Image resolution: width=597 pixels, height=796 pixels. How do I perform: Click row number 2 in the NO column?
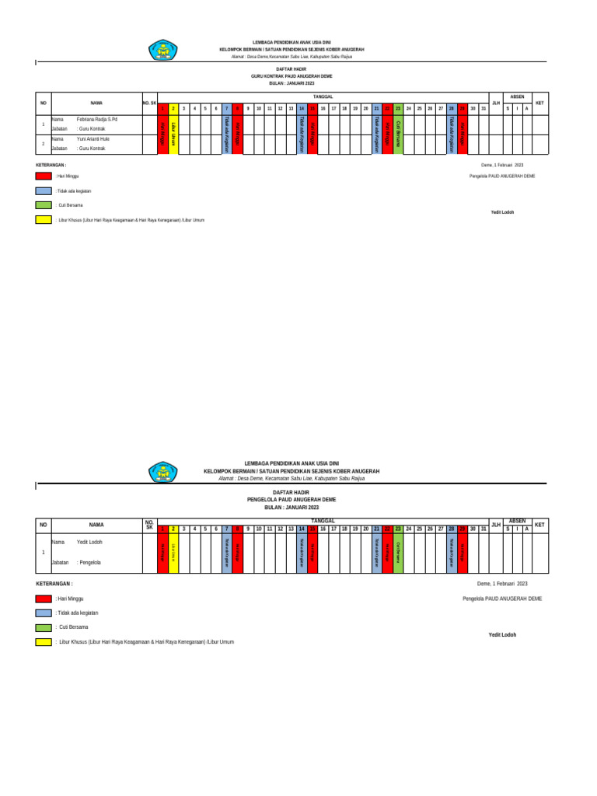pyautogui.click(x=44, y=143)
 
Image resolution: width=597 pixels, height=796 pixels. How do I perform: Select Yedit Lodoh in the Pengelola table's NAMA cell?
pyautogui.click(x=89, y=542)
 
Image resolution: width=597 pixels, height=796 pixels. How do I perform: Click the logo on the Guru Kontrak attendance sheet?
pyautogui.click(x=163, y=51)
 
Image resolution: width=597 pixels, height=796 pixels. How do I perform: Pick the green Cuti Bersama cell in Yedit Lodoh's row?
pyautogui.click(x=398, y=551)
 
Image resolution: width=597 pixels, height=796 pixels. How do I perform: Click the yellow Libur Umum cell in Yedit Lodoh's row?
pyautogui.click(x=173, y=551)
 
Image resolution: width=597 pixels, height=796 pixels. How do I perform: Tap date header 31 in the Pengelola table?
pyautogui.click(x=483, y=529)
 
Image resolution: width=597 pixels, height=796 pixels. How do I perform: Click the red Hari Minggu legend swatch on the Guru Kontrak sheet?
pyautogui.click(x=44, y=176)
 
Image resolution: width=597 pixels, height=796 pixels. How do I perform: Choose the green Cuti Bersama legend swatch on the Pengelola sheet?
pyautogui.click(x=44, y=627)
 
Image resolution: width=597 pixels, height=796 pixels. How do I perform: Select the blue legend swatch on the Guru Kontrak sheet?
pyautogui.click(x=44, y=190)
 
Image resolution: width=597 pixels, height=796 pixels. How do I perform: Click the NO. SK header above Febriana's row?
pyautogui.click(x=149, y=102)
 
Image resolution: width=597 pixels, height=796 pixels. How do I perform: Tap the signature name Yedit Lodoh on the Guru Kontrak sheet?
pyautogui.click(x=502, y=211)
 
